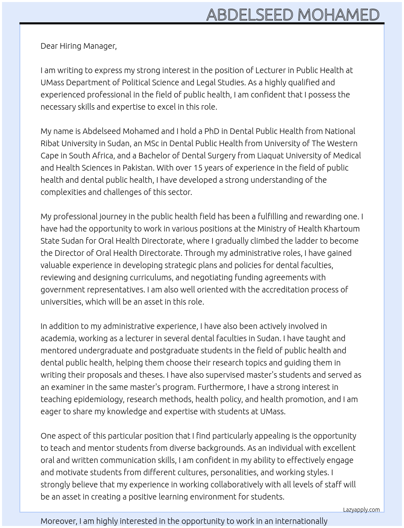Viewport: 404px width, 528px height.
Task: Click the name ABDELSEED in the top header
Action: point(250,15)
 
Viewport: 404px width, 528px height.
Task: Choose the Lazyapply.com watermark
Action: point(361,510)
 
